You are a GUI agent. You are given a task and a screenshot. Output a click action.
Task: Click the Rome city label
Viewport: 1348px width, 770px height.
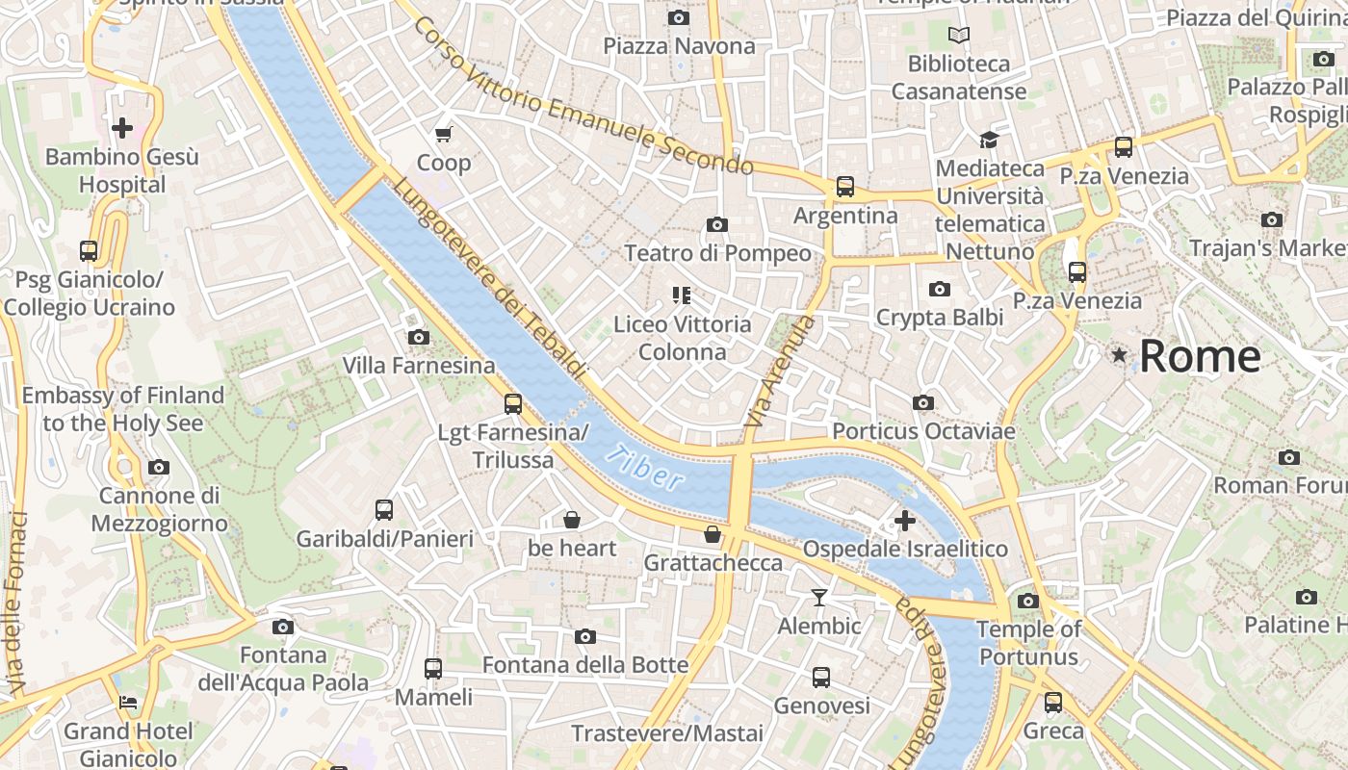point(1200,357)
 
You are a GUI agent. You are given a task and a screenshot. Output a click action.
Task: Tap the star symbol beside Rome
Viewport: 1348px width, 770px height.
point(1119,355)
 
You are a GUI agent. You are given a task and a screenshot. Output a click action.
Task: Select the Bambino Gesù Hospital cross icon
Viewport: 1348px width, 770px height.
point(122,127)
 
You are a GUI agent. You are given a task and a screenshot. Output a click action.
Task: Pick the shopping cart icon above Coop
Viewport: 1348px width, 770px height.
point(444,134)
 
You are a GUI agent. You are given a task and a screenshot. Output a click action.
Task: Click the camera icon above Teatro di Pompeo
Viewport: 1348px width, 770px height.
point(716,224)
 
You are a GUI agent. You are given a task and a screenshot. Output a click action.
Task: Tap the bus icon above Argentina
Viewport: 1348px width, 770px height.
point(844,187)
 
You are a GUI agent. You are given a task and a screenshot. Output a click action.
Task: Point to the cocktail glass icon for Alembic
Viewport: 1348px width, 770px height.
point(818,598)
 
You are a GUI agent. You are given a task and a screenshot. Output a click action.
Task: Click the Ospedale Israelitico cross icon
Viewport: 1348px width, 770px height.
point(904,521)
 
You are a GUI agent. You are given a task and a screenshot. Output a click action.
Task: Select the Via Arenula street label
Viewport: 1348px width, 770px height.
point(780,372)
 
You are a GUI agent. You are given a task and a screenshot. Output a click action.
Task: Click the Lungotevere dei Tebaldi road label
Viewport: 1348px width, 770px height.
point(489,279)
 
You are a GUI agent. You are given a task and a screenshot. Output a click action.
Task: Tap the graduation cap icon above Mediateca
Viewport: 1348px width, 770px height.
point(989,140)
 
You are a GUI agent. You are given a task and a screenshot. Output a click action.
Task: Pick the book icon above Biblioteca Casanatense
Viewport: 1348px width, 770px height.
point(958,36)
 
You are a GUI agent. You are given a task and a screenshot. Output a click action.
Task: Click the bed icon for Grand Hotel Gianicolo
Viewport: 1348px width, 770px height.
point(128,702)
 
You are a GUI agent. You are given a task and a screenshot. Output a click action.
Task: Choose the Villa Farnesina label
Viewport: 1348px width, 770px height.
point(419,366)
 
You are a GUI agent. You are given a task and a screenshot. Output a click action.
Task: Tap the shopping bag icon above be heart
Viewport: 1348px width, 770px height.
point(572,520)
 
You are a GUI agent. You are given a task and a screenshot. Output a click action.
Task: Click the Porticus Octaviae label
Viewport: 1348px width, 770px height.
point(923,431)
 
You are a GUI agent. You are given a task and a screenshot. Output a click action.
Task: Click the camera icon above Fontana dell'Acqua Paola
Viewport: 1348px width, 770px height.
point(282,627)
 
